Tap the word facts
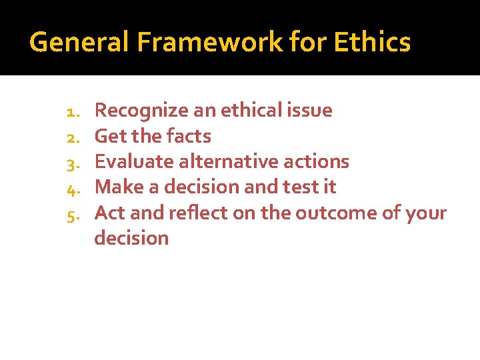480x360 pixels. [x=189, y=136]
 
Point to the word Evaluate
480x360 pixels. [x=130, y=161]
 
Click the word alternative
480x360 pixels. [x=221, y=161]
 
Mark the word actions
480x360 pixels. [x=315, y=161]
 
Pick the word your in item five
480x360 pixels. [x=425, y=213]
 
